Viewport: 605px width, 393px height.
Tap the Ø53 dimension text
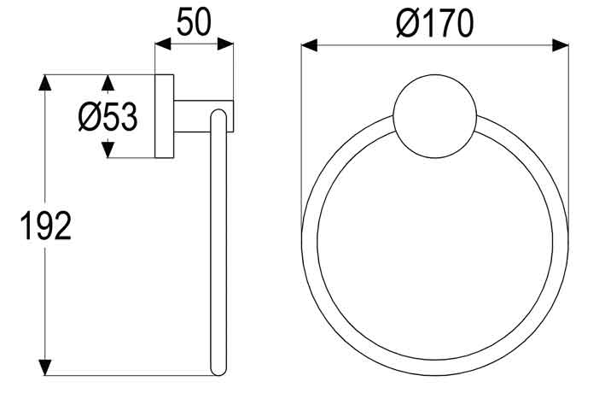pos(107,117)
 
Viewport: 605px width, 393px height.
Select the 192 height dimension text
pos(45,226)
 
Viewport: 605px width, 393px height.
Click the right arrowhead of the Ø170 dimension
pos(561,45)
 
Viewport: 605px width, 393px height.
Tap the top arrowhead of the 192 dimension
pos(47,83)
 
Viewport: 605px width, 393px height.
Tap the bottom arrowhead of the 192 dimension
pos(47,367)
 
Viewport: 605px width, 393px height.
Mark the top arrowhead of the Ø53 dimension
pos(107,82)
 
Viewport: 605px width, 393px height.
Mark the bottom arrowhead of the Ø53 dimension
pos(107,150)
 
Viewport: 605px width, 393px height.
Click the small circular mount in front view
pos(434,118)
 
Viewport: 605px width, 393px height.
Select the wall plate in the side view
pos(164,117)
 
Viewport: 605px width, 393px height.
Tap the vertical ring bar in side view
pos(218,248)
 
